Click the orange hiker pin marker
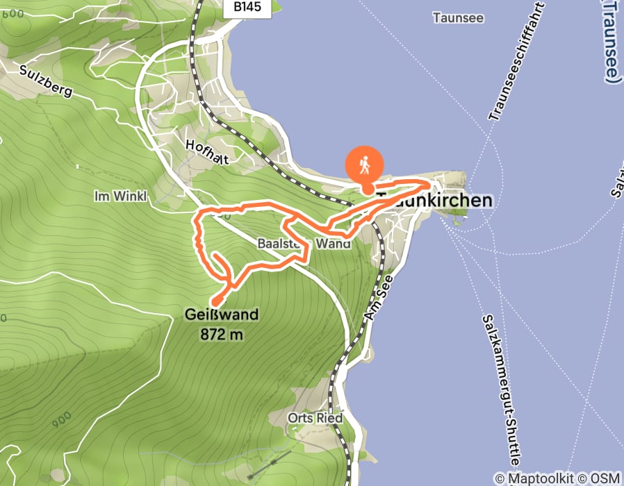tap(363, 167)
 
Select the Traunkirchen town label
tap(435, 201)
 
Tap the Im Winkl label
tap(120, 196)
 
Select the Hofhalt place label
tap(207, 151)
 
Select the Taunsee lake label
tap(457, 17)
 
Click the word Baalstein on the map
tap(283, 244)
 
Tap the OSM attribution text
tap(605, 478)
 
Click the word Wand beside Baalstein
tap(333, 244)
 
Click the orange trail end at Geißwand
tap(213, 303)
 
